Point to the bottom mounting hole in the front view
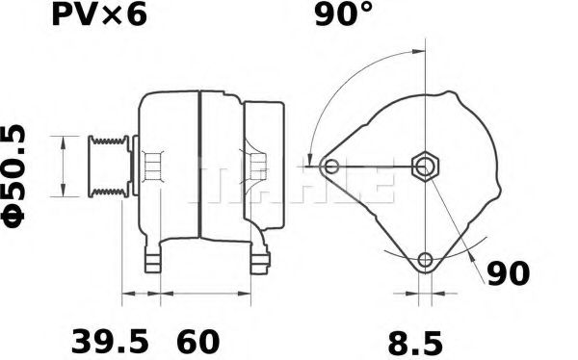[426, 259]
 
